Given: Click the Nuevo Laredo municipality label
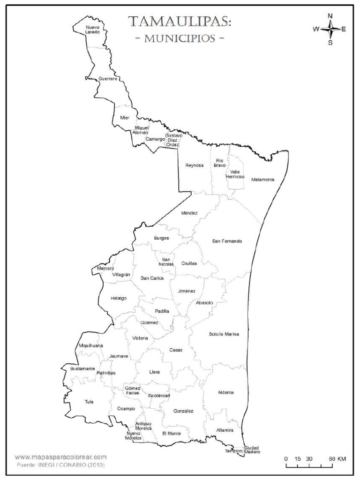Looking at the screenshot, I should click(x=92, y=30).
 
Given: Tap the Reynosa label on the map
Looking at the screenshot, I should click(x=195, y=165).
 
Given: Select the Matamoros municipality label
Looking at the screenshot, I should click(x=262, y=180).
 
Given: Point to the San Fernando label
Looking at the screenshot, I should click(x=227, y=241).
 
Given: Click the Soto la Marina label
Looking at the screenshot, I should click(x=224, y=334).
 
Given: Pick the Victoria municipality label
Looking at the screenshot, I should click(x=140, y=338).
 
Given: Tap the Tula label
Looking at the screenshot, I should click(x=89, y=402).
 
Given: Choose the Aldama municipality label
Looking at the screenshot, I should click(x=225, y=392).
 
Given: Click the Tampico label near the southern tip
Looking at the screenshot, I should click(x=233, y=451).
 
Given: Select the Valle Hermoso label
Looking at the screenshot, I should click(x=235, y=174).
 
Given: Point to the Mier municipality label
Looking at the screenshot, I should click(x=124, y=118).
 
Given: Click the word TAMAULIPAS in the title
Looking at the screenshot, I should click(x=180, y=22).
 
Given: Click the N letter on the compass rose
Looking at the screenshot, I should click(x=330, y=16).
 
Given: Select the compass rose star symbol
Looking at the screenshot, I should click(x=330, y=29).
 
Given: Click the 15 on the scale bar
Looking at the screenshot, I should click(x=298, y=458).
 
